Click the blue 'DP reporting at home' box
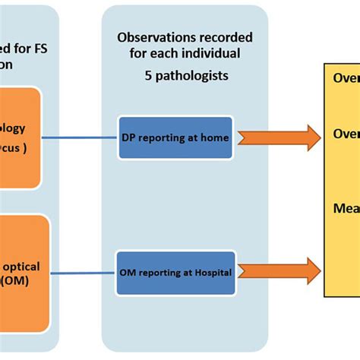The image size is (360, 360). [x=175, y=137]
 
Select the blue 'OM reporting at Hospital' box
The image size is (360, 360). [x=175, y=271]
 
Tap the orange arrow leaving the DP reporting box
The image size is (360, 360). [x=278, y=138]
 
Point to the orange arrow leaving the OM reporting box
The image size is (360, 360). [x=278, y=271]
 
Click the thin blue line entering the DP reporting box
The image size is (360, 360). [x=80, y=138]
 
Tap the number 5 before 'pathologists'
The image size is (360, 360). [x=147, y=75]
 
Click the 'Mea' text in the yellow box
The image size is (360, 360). [x=346, y=207]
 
